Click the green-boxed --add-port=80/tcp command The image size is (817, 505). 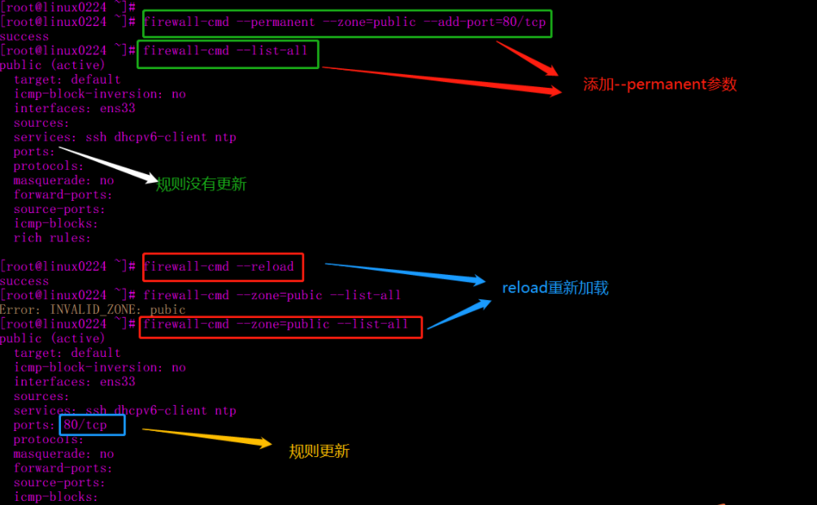[345, 23]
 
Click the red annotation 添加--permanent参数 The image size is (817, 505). [659, 85]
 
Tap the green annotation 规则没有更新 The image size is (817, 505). [201, 185]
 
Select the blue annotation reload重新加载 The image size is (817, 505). [555, 288]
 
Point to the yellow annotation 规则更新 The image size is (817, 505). [319, 451]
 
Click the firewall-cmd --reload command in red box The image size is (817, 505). [219, 267]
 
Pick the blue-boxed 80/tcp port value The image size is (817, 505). [86, 425]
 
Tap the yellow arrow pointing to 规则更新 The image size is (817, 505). [207, 437]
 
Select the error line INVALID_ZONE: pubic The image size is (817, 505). [93, 310]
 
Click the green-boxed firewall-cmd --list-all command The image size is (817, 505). [227, 51]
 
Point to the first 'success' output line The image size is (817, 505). [24, 37]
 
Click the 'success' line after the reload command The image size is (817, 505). [24, 281]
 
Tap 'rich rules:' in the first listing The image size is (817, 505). [53, 238]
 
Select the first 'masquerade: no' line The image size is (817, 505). [64, 181]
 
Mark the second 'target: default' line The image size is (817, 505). [67, 353]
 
